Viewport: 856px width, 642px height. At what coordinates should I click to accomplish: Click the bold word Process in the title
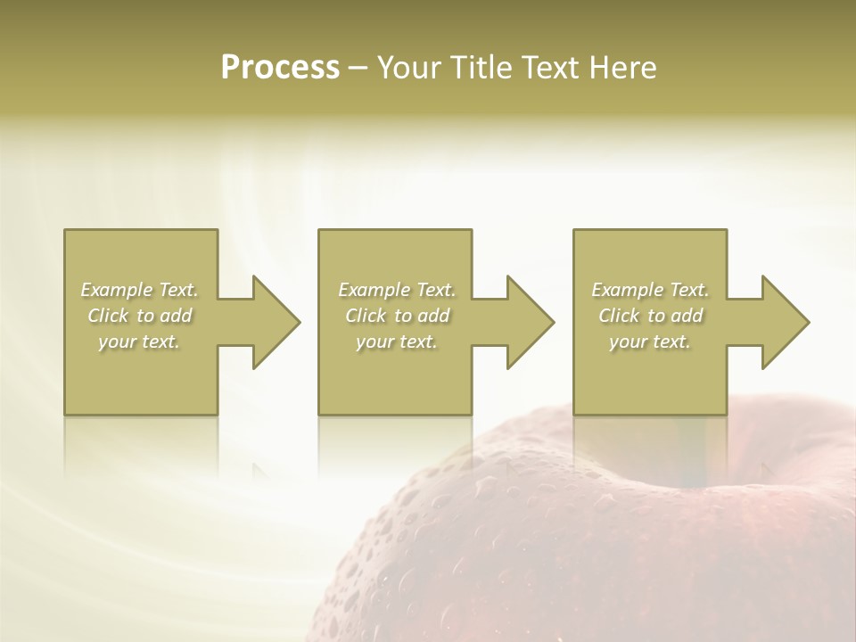tap(280, 68)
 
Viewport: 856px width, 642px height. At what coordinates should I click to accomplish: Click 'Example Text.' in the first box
tap(139, 290)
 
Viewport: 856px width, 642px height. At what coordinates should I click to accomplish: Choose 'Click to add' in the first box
tap(139, 316)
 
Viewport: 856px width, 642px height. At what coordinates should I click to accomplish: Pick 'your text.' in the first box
tap(139, 342)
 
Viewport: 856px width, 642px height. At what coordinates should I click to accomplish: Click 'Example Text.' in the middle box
tap(397, 290)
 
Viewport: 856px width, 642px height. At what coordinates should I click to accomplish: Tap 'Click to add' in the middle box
tap(397, 316)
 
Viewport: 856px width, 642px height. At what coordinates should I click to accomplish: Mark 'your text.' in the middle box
tap(397, 342)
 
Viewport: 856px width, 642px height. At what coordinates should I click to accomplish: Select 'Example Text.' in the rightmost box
tap(650, 290)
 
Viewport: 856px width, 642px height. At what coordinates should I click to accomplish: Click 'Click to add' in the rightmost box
tap(650, 316)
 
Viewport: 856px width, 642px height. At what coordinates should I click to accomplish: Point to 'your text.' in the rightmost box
tap(650, 342)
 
